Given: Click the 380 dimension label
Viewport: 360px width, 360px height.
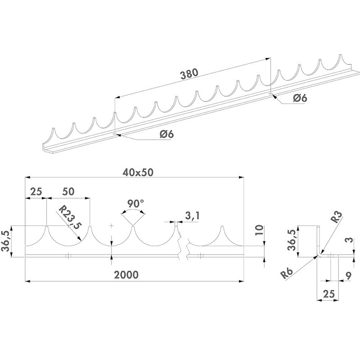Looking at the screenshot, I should (x=189, y=75).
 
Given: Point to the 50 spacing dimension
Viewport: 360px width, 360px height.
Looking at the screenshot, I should (x=68, y=191).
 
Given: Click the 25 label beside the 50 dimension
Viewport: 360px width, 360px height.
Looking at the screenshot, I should (x=36, y=191).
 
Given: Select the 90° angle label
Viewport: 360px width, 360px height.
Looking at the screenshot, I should (x=135, y=204).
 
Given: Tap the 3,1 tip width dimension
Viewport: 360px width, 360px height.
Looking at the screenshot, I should (x=192, y=216).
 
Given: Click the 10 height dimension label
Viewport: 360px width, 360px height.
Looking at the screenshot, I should (x=258, y=231).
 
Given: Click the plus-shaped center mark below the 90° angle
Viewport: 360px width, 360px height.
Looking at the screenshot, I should (x=111, y=225).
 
